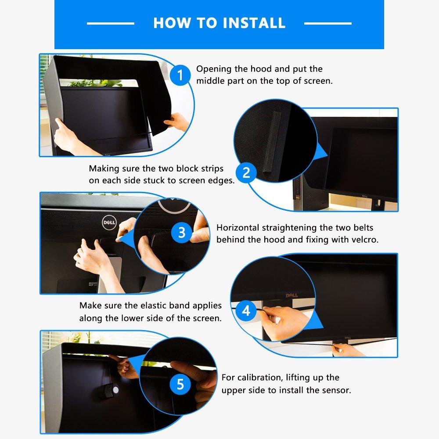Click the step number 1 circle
(180, 76)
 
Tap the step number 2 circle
(246, 173)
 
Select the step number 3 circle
(182, 232)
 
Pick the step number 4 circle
(246, 311)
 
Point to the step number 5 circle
(180, 385)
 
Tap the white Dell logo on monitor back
(109, 223)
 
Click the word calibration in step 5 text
(260, 378)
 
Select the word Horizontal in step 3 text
(237, 228)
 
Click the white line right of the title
(328, 23)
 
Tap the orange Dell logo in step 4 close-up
(291, 295)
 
